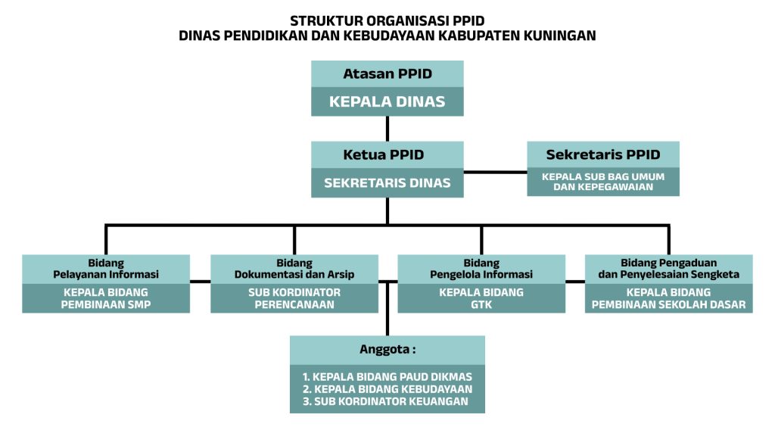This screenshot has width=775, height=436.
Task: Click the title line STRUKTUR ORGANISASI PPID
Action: tap(387, 20)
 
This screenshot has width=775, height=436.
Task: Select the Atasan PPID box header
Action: tap(387, 73)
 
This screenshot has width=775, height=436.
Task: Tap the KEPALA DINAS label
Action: tap(387, 101)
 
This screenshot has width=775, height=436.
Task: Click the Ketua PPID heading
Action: tap(384, 154)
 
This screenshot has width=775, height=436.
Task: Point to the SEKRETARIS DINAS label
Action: tap(387, 183)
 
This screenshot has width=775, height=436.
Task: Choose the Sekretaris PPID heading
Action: tap(603, 154)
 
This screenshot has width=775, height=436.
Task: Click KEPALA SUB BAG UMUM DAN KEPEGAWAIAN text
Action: tap(603, 182)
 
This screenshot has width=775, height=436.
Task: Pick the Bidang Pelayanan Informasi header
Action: tap(106, 269)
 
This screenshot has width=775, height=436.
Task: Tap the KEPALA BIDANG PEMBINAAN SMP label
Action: tap(106, 298)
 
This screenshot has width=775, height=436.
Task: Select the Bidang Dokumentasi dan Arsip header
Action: tap(294, 269)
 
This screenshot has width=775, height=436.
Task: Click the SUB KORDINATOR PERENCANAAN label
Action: tap(294, 298)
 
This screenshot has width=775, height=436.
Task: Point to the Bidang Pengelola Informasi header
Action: tap(481, 269)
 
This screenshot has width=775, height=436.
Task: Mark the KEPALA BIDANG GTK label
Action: tap(481, 298)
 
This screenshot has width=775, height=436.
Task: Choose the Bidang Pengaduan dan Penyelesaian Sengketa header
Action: tap(669, 269)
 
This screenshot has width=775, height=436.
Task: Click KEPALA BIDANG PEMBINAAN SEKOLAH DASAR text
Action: tap(669, 298)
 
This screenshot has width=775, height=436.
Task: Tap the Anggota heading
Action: tap(387, 350)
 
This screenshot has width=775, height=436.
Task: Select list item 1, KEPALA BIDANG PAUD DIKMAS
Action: tap(387, 377)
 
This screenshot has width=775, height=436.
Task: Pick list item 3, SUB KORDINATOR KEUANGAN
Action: tap(385, 401)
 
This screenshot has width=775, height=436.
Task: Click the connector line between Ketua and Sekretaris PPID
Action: tap(495, 173)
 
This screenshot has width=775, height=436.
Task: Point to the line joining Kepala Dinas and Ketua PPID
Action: tap(387, 129)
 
